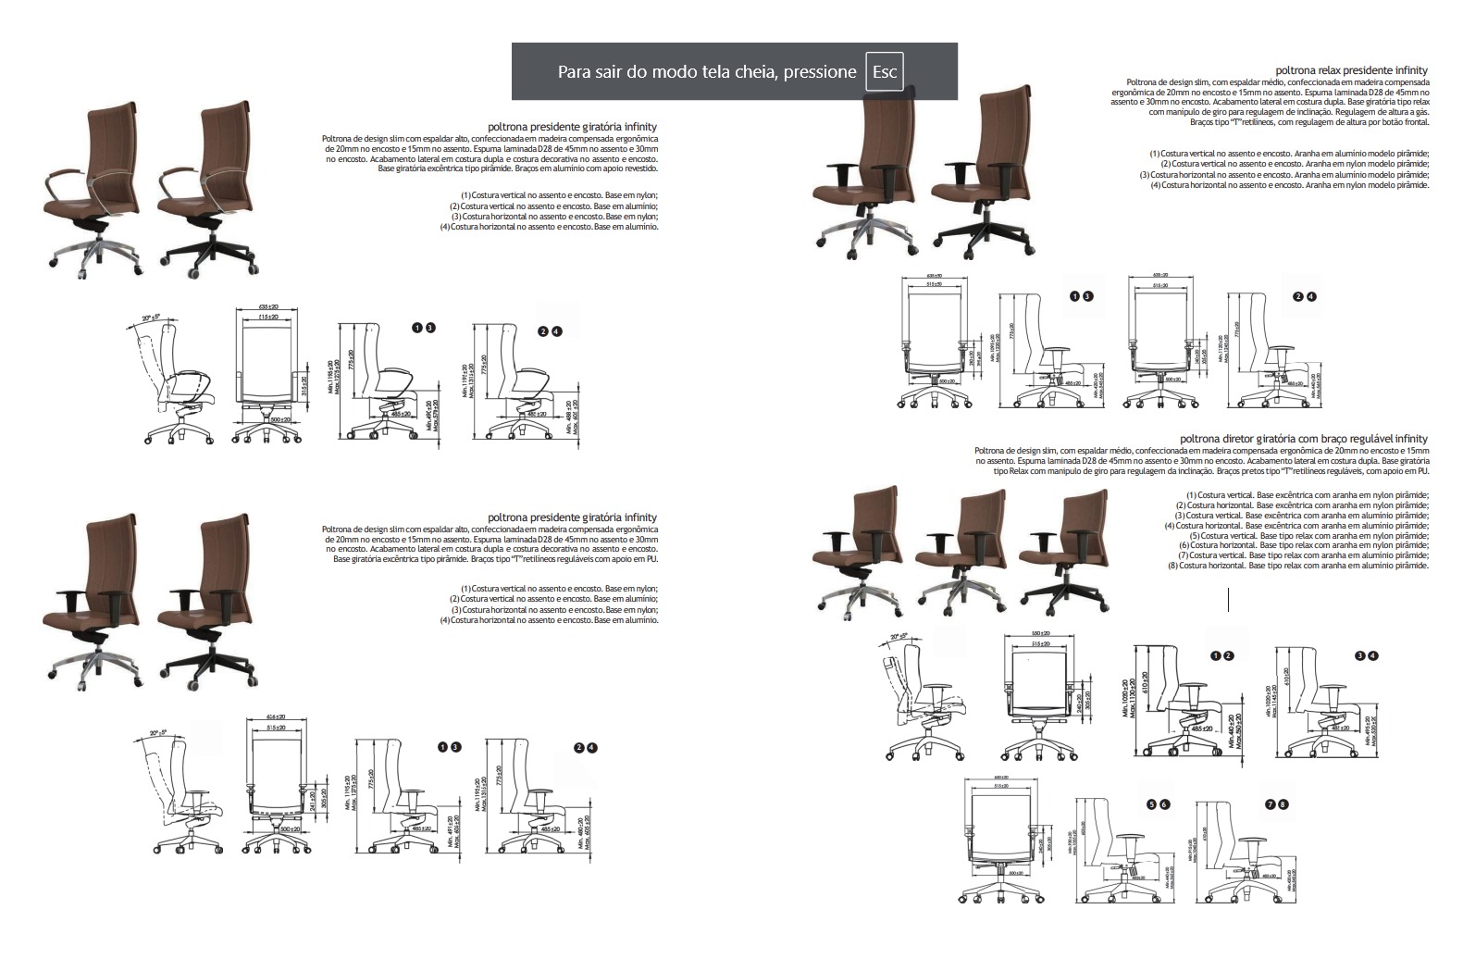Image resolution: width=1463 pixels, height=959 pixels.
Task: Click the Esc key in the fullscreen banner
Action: coord(884,72)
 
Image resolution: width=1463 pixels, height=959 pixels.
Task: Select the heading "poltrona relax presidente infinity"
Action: coord(1351,70)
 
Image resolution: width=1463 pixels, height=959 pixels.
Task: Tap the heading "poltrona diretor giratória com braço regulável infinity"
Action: coord(1304,439)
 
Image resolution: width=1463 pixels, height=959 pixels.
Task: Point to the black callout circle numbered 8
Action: coord(1283,805)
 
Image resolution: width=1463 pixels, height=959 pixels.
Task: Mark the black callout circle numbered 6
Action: coord(1165,805)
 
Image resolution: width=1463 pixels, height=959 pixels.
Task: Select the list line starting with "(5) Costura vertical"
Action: coord(1308,536)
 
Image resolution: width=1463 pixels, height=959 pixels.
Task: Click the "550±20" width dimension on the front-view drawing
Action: coord(1039,634)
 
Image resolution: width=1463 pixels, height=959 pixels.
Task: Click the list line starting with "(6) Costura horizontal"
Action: coord(1304,546)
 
